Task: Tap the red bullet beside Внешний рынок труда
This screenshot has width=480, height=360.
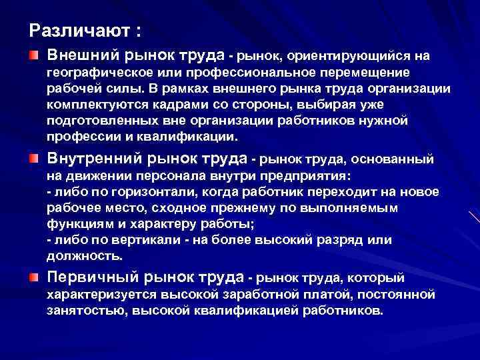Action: click(x=33, y=54)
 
